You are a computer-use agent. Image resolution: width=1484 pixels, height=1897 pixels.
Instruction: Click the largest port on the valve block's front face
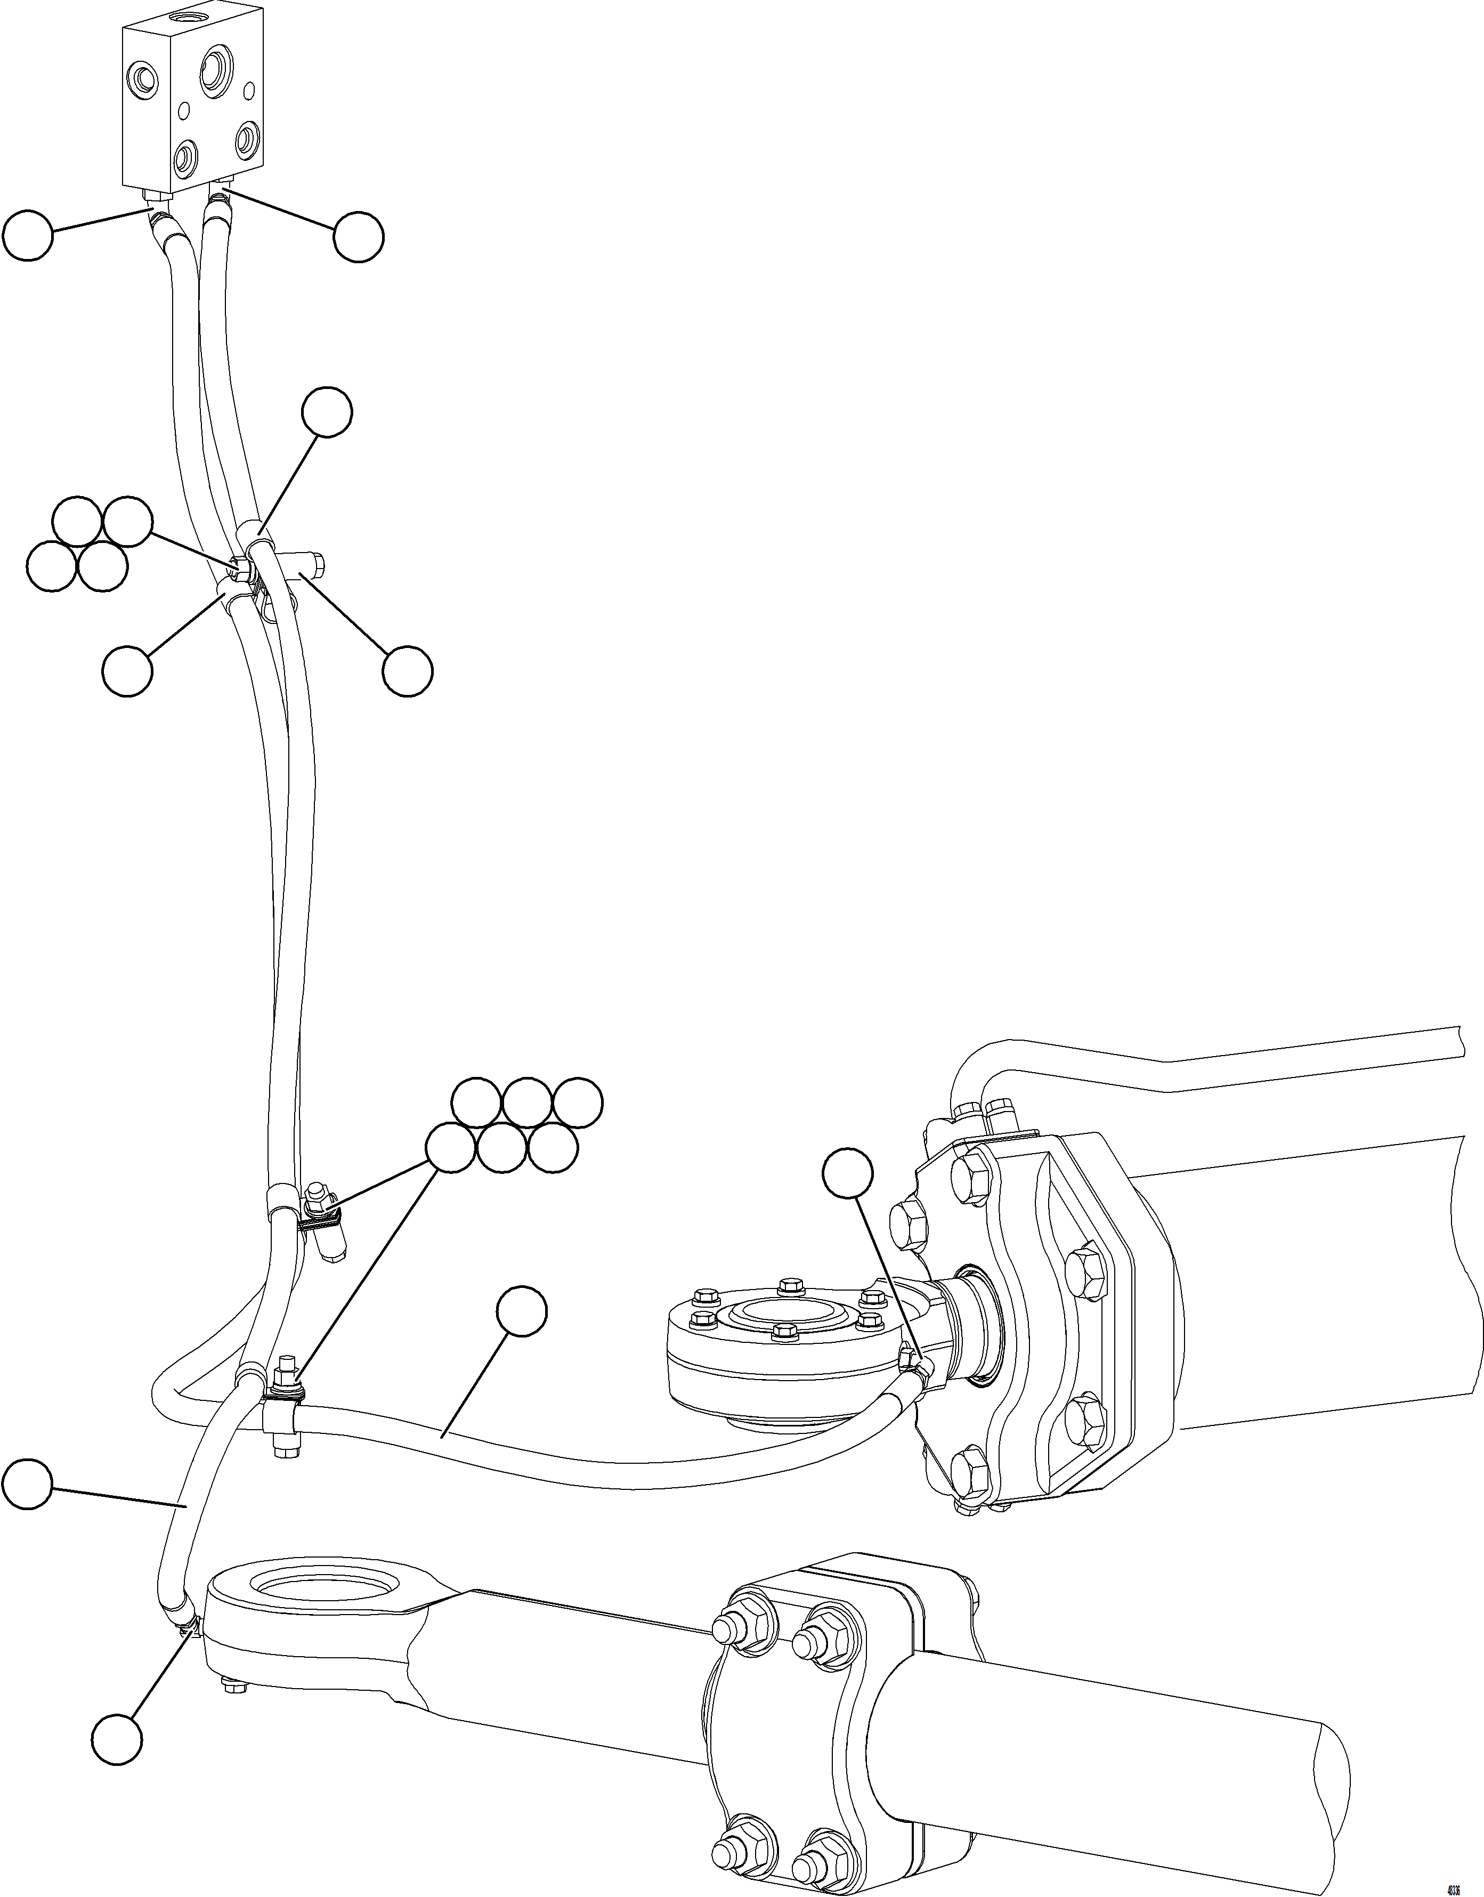[214, 71]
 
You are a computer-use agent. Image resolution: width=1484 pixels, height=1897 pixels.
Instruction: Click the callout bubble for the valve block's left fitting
[28, 234]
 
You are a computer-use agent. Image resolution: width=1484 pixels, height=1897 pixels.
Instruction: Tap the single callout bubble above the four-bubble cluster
[327, 413]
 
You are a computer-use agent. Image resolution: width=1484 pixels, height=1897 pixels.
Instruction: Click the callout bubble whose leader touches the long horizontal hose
[522, 1311]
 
